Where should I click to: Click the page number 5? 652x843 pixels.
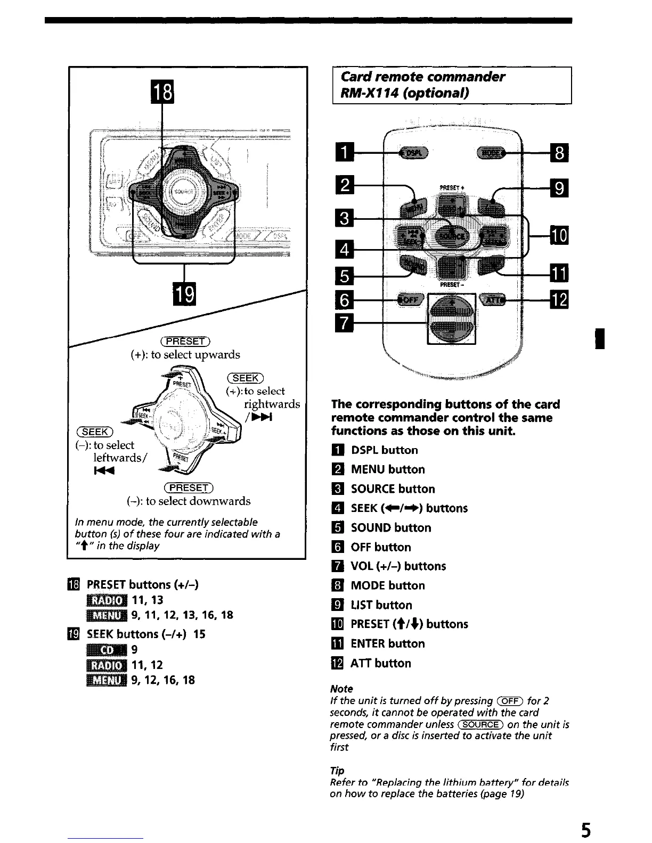(x=585, y=829)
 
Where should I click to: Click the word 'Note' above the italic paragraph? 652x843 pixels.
(x=341, y=689)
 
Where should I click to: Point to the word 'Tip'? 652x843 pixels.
(x=337, y=771)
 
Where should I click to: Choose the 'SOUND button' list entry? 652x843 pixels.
(x=390, y=528)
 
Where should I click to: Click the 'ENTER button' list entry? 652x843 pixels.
(x=387, y=644)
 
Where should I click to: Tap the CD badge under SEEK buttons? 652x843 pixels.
(x=107, y=650)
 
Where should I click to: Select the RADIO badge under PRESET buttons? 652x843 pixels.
(x=107, y=600)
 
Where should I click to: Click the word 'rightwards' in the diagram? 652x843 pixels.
(x=272, y=404)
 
